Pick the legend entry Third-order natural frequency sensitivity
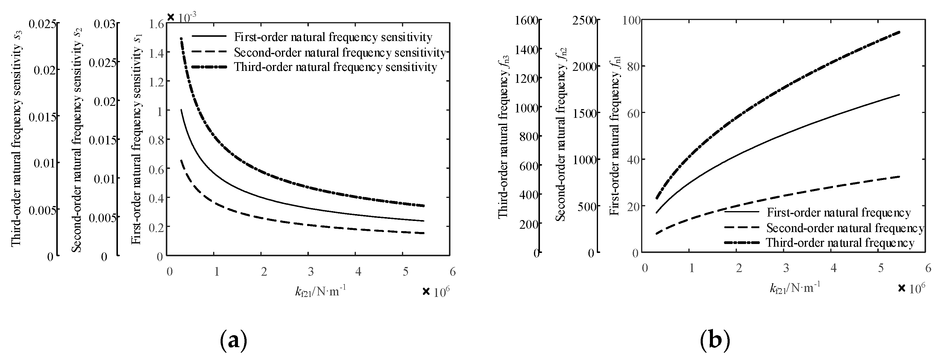(335, 67)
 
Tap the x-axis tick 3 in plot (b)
(787, 269)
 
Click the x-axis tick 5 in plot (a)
(405, 272)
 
